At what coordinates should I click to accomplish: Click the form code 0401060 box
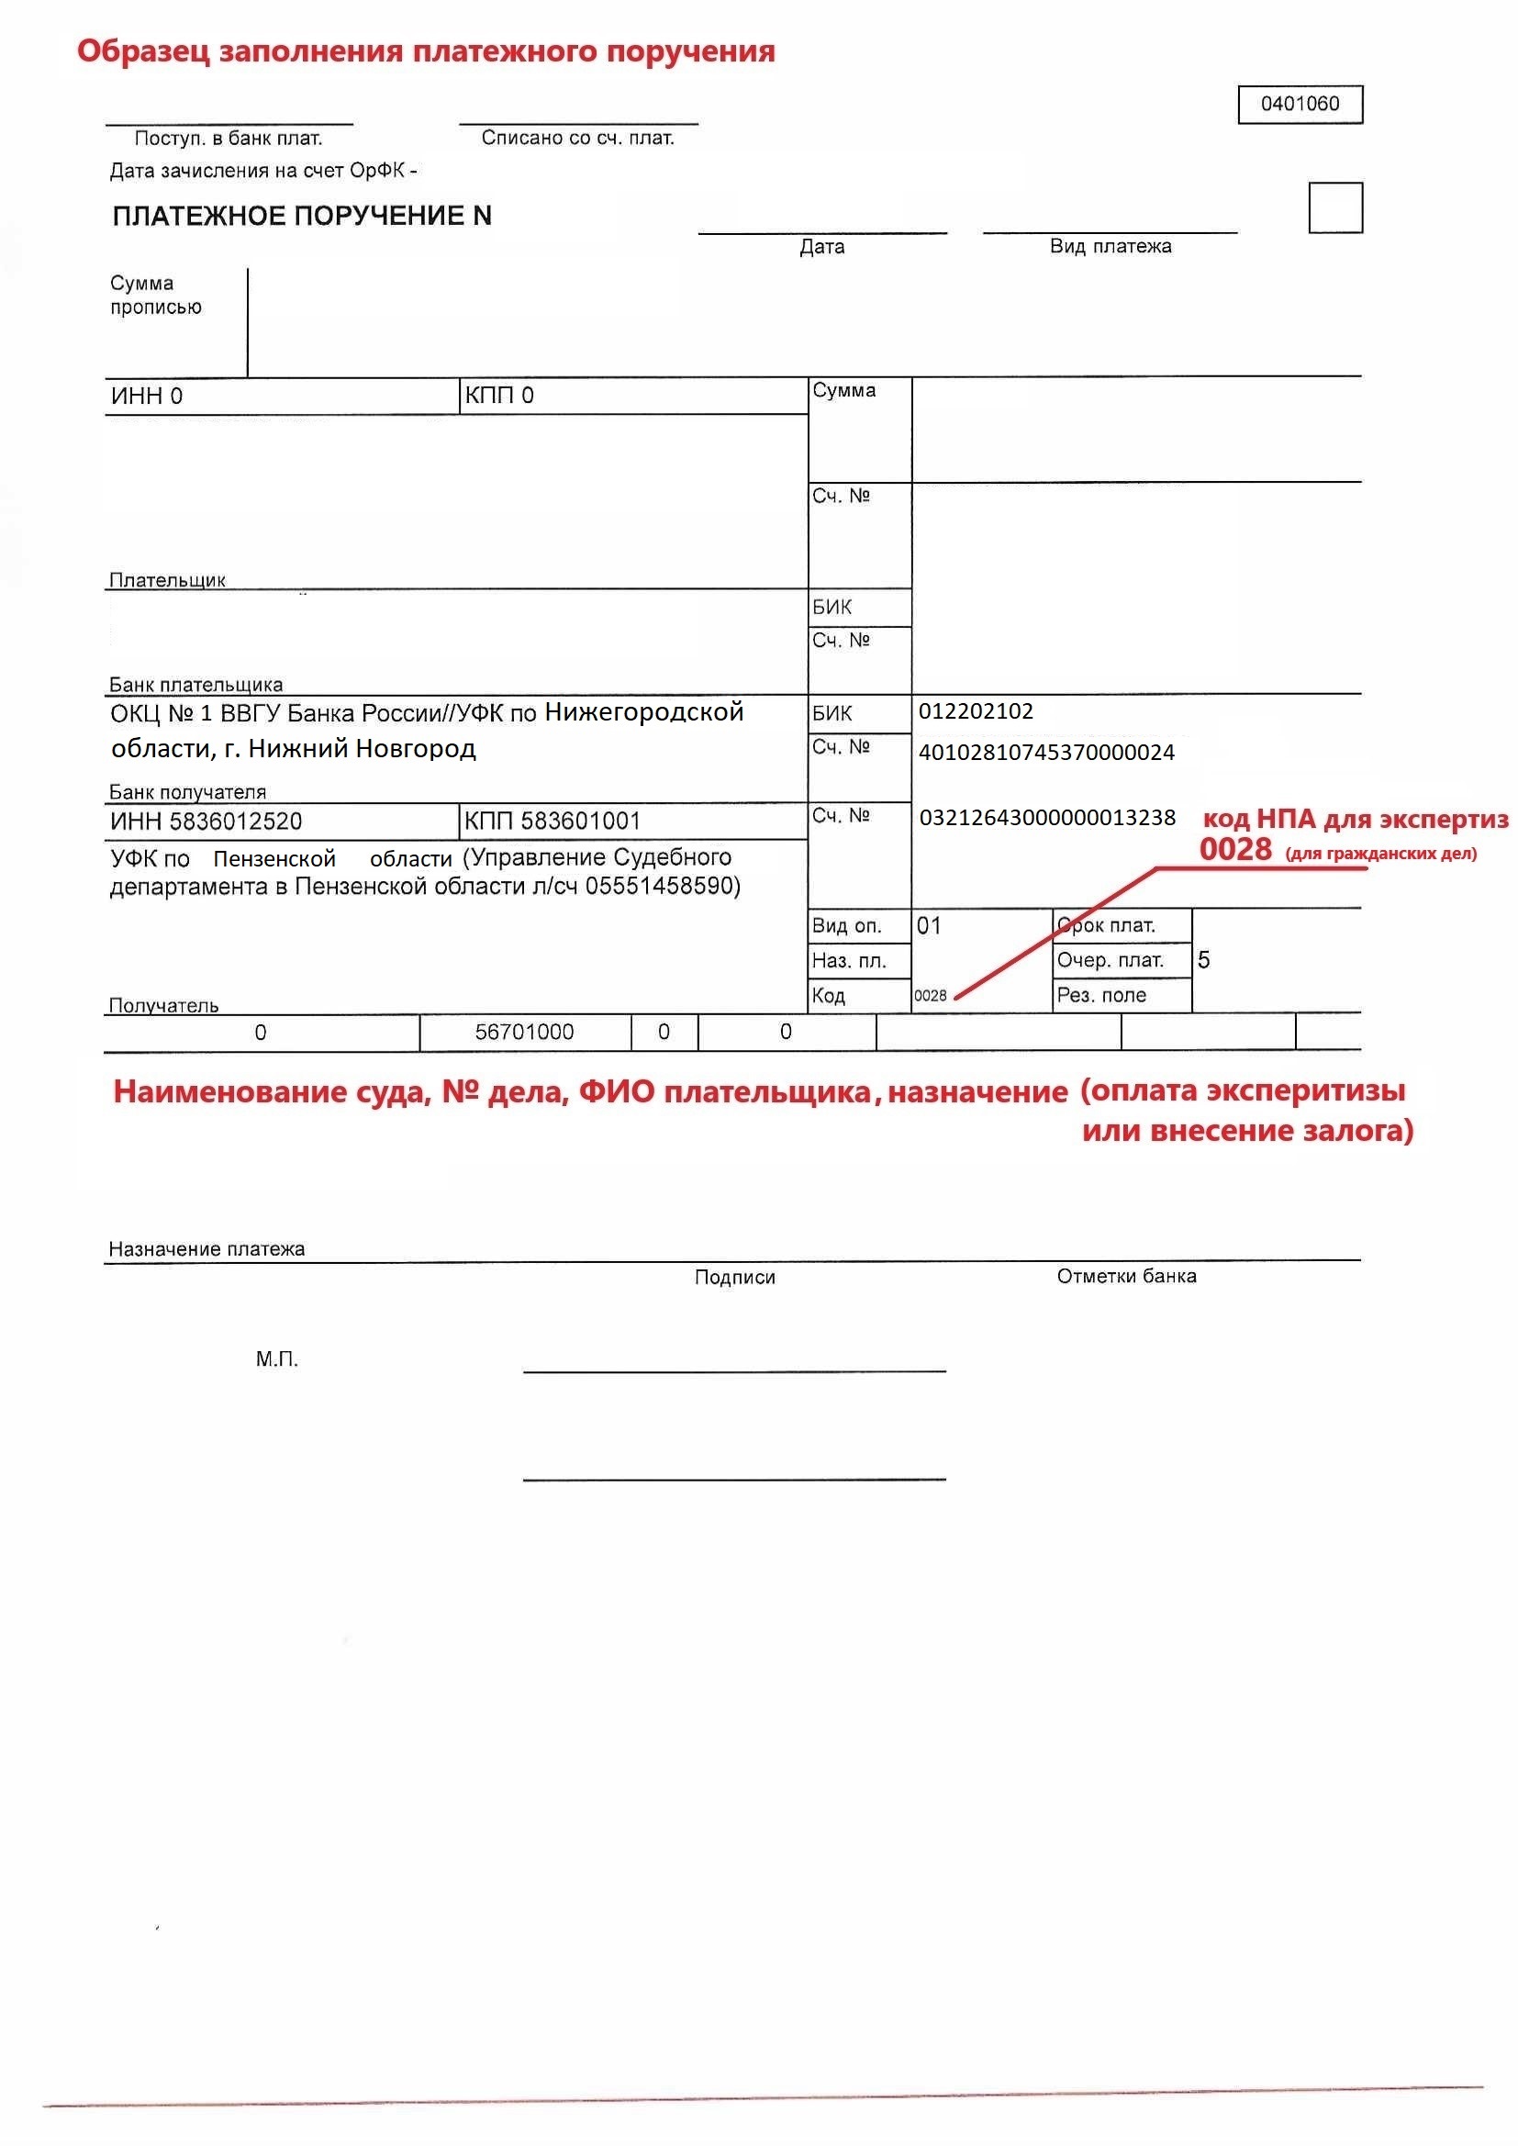pyautogui.click(x=1300, y=104)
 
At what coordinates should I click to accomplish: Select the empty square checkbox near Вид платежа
pyautogui.click(x=1334, y=207)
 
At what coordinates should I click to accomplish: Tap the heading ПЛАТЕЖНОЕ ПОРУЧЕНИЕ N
pyautogui.click(x=301, y=216)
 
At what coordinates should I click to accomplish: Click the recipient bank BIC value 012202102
pyautogui.click(x=975, y=711)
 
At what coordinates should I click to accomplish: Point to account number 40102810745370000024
pyautogui.click(x=1046, y=753)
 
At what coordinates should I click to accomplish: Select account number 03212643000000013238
pyautogui.click(x=1047, y=818)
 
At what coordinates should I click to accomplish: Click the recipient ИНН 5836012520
pyautogui.click(x=206, y=822)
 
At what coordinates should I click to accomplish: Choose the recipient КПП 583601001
pyautogui.click(x=552, y=822)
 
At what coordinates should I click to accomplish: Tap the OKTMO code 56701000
pyautogui.click(x=523, y=1032)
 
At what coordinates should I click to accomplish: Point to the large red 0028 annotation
pyautogui.click(x=1234, y=850)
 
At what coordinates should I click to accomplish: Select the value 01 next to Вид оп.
pyautogui.click(x=928, y=926)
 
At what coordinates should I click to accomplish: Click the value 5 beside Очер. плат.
pyautogui.click(x=1203, y=960)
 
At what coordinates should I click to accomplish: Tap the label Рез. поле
pyautogui.click(x=1101, y=995)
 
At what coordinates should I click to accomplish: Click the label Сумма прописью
pyautogui.click(x=155, y=296)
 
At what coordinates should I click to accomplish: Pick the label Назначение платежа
pyautogui.click(x=206, y=1248)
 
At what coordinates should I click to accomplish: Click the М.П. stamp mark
pyautogui.click(x=276, y=1359)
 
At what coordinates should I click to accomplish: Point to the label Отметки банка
pyautogui.click(x=1125, y=1277)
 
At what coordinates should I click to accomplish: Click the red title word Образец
pyautogui.click(x=142, y=51)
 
